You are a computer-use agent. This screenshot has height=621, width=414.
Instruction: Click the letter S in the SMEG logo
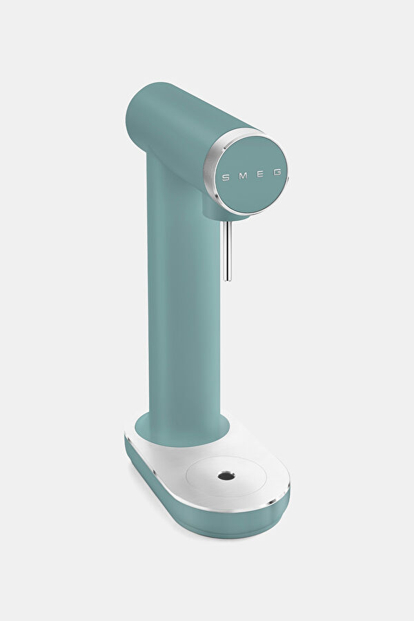click(226, 178)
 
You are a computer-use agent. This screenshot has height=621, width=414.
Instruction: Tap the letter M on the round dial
click(243, 176)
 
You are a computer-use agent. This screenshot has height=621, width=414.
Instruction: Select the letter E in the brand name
click(260, 175)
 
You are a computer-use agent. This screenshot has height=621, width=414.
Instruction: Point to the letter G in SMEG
click(277, 172)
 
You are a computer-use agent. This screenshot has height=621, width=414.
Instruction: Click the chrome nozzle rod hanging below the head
click(228, 250)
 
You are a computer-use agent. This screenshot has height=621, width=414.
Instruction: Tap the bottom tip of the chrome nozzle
click(228, 280)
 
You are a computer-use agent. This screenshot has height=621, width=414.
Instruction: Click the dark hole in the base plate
click(226, 475)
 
